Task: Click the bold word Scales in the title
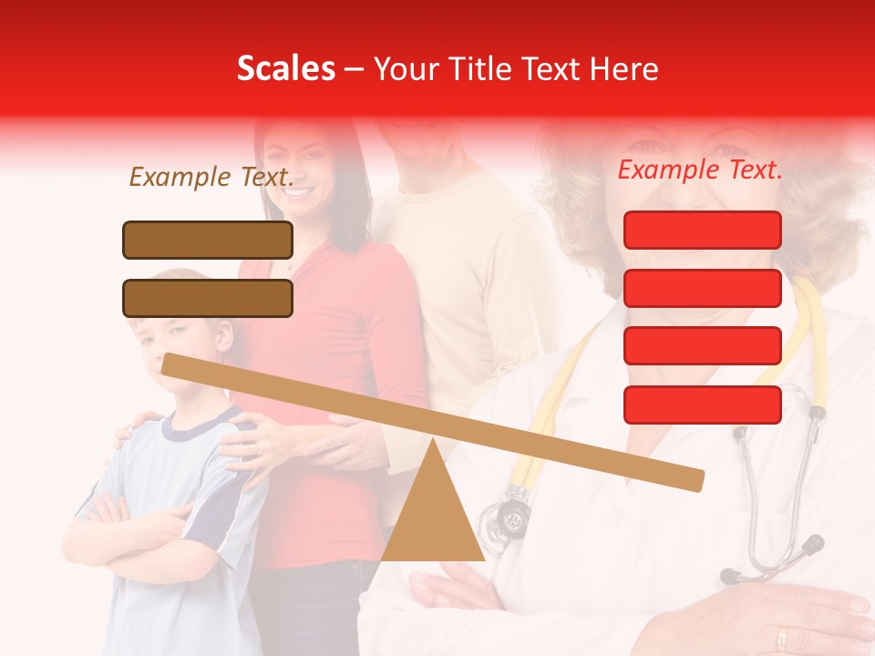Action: click(x=285, y=68)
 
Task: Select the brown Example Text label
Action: click(x=211, y=177)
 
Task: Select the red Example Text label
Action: click(x=700, y=169)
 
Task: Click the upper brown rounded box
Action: click(x=208, y=240)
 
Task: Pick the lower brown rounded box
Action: click(x=208, y=298)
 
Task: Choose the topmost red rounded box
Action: click(x=702, y=230)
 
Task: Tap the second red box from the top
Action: click(x=702, y=288)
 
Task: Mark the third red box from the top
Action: click(x=702, y=345)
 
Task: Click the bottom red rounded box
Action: click(x=702, y=405)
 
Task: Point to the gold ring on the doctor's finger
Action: click(x=781, y=637)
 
